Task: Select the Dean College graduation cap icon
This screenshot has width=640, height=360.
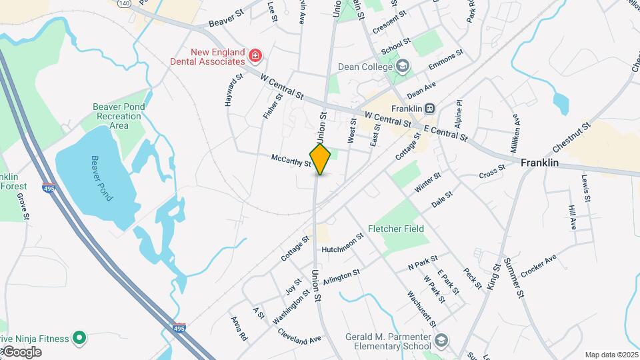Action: click(x=402, y=66)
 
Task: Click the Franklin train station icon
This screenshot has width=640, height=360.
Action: click(x=431, y=108)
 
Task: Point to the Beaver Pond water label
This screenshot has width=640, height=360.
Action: click(x=103, y=178)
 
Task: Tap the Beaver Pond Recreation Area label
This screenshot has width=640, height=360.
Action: click(x=119, y=116)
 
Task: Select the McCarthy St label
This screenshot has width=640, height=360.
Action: click(x=291, y=160)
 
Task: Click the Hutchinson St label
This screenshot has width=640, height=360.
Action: click(x=342, y=243)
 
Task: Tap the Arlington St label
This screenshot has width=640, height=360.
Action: click(x=341, y=277)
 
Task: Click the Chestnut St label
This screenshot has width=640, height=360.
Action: click(x=571, y=137)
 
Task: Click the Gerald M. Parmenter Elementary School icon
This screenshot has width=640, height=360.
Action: click(x=441, y=342)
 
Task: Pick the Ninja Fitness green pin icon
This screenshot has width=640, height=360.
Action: click(x=79, y=339)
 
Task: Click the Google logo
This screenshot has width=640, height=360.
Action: click(x=21, y=352)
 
